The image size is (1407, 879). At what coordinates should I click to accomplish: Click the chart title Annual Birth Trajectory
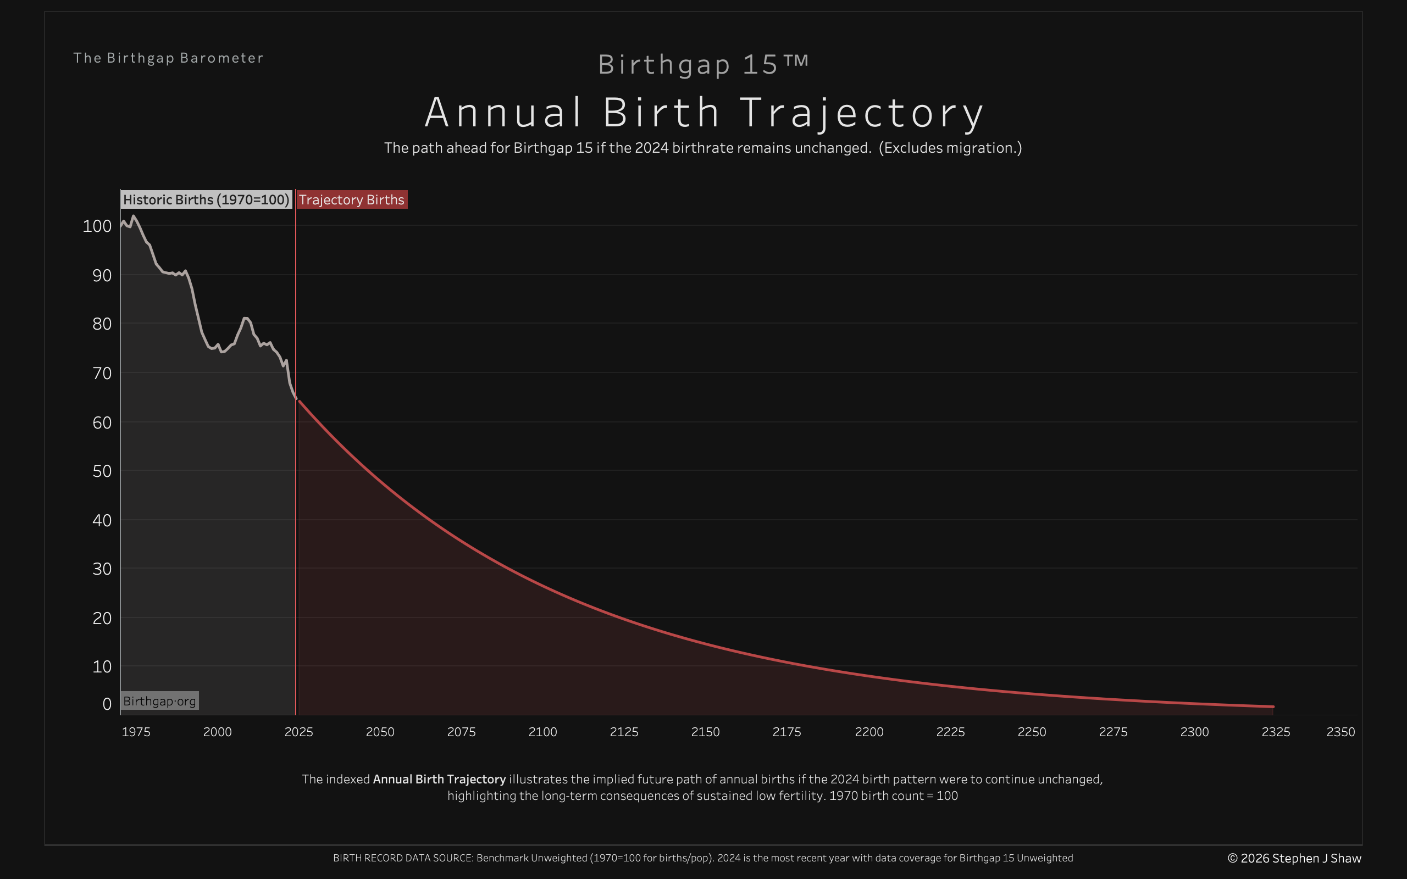(703, 113)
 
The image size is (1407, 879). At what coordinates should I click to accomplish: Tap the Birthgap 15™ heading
(703, 64)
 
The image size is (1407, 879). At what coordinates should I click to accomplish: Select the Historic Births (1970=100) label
(206, 200)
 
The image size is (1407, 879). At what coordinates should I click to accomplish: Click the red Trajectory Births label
(351, 200)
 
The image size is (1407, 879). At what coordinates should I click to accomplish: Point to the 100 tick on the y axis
(97, 226)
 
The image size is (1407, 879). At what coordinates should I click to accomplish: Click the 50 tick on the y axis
(102, 471)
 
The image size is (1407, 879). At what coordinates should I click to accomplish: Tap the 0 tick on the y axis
(107, 704)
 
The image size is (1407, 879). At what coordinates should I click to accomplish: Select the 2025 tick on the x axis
(299, 732)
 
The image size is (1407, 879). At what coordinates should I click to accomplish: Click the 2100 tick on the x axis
(542, 732)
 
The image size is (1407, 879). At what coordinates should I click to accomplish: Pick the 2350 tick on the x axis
(1340, 732)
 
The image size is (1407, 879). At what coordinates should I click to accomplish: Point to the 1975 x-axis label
(136, 732)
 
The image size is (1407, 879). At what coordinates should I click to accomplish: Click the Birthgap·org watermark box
(159, 701)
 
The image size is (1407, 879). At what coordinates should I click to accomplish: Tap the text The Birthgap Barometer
(169, 58)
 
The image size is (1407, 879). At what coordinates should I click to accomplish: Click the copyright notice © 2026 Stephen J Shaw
(1294, 859)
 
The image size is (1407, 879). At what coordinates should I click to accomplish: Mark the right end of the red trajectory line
(1273, 707)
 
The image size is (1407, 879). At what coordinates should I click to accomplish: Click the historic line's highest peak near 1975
(134, 216)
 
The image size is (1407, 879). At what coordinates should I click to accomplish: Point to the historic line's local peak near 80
(245, 318)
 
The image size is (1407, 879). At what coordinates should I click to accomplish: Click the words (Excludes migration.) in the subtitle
(950, 148)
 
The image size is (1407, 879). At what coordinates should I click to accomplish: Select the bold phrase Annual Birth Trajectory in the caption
(439, 780)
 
